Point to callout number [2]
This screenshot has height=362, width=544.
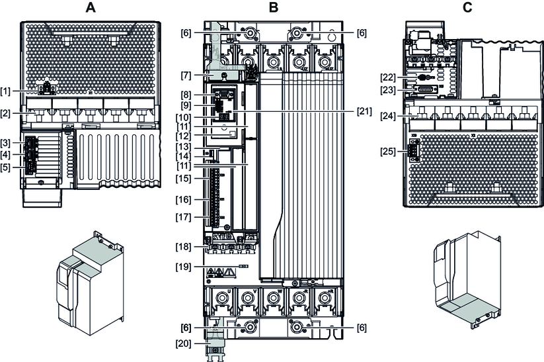10,113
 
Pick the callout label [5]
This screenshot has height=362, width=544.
10,167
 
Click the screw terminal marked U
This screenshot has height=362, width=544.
219,296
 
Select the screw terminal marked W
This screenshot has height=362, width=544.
272,296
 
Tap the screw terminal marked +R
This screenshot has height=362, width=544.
324,296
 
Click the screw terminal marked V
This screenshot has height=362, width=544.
246,296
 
